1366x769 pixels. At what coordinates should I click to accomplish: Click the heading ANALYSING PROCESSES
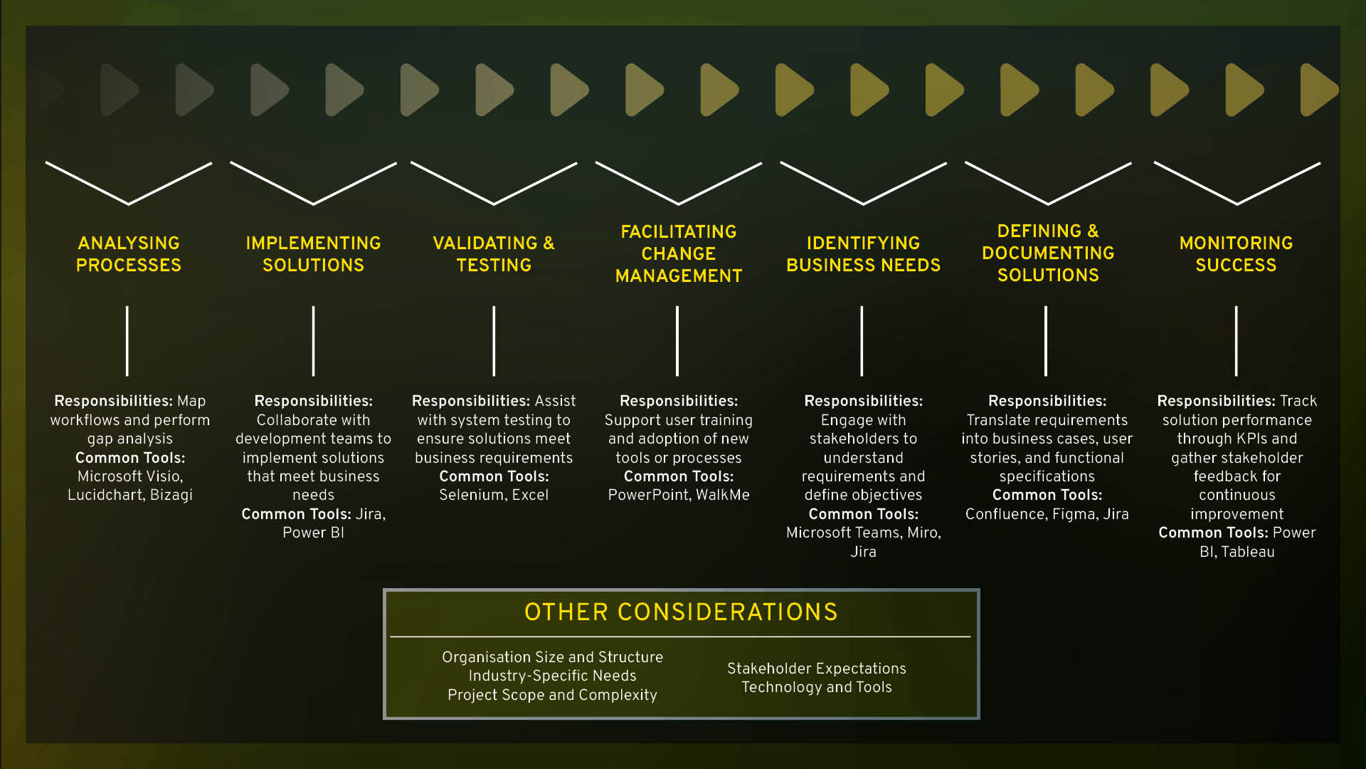pos(129,254)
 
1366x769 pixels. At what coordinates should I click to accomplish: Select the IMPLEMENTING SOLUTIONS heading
pos(313,254)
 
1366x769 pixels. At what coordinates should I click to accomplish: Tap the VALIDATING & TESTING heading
pos(494,254)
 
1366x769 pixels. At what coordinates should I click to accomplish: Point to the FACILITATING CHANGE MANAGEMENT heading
pos(679,253)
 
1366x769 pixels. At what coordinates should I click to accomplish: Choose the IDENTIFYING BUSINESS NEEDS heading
pos(863,254)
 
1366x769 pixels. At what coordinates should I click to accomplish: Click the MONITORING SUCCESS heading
pos(1236,254)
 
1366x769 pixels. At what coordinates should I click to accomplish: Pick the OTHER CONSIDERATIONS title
pos(681,612)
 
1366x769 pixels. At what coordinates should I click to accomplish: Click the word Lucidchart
pos(105,495)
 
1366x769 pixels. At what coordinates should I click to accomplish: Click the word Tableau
pos(1247,552)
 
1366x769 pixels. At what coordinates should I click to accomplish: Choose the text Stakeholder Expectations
pos(816,669)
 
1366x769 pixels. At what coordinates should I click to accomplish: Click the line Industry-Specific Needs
pos(552,676)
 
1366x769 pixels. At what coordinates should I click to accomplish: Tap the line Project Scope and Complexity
pos(552,695)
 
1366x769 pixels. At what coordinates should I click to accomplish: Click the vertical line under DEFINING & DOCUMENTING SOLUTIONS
pos(1046,341)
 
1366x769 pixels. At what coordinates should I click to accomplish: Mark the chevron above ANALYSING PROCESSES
pos(129,184)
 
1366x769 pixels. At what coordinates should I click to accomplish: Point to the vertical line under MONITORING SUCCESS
pos(1237,341)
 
